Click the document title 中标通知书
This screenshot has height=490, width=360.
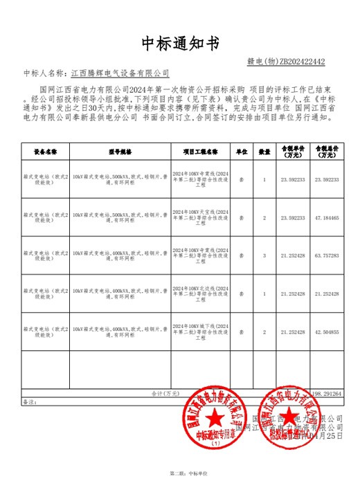(180, 44)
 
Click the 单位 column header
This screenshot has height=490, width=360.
(242, 150)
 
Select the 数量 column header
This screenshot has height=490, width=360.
(264, 150)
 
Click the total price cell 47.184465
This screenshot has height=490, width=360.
(327, 218)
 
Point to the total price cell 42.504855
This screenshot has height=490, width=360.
(327, 333)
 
